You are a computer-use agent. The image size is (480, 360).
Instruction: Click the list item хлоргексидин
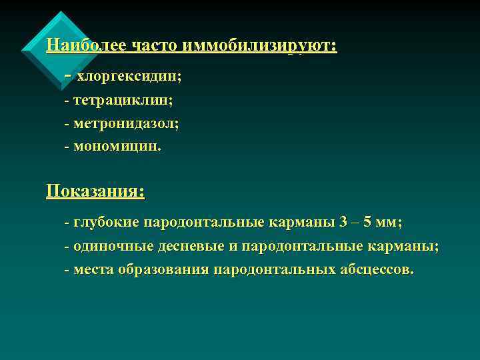pyautogui.click(x=129, y=77)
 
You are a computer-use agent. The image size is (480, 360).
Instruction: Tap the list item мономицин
pyautogui.click(x=117, y=146)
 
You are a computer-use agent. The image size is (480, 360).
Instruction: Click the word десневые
pyautogui.click(x=191, y=246)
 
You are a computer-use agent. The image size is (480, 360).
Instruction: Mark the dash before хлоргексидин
pyautogui.click(x=68, y=75)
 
